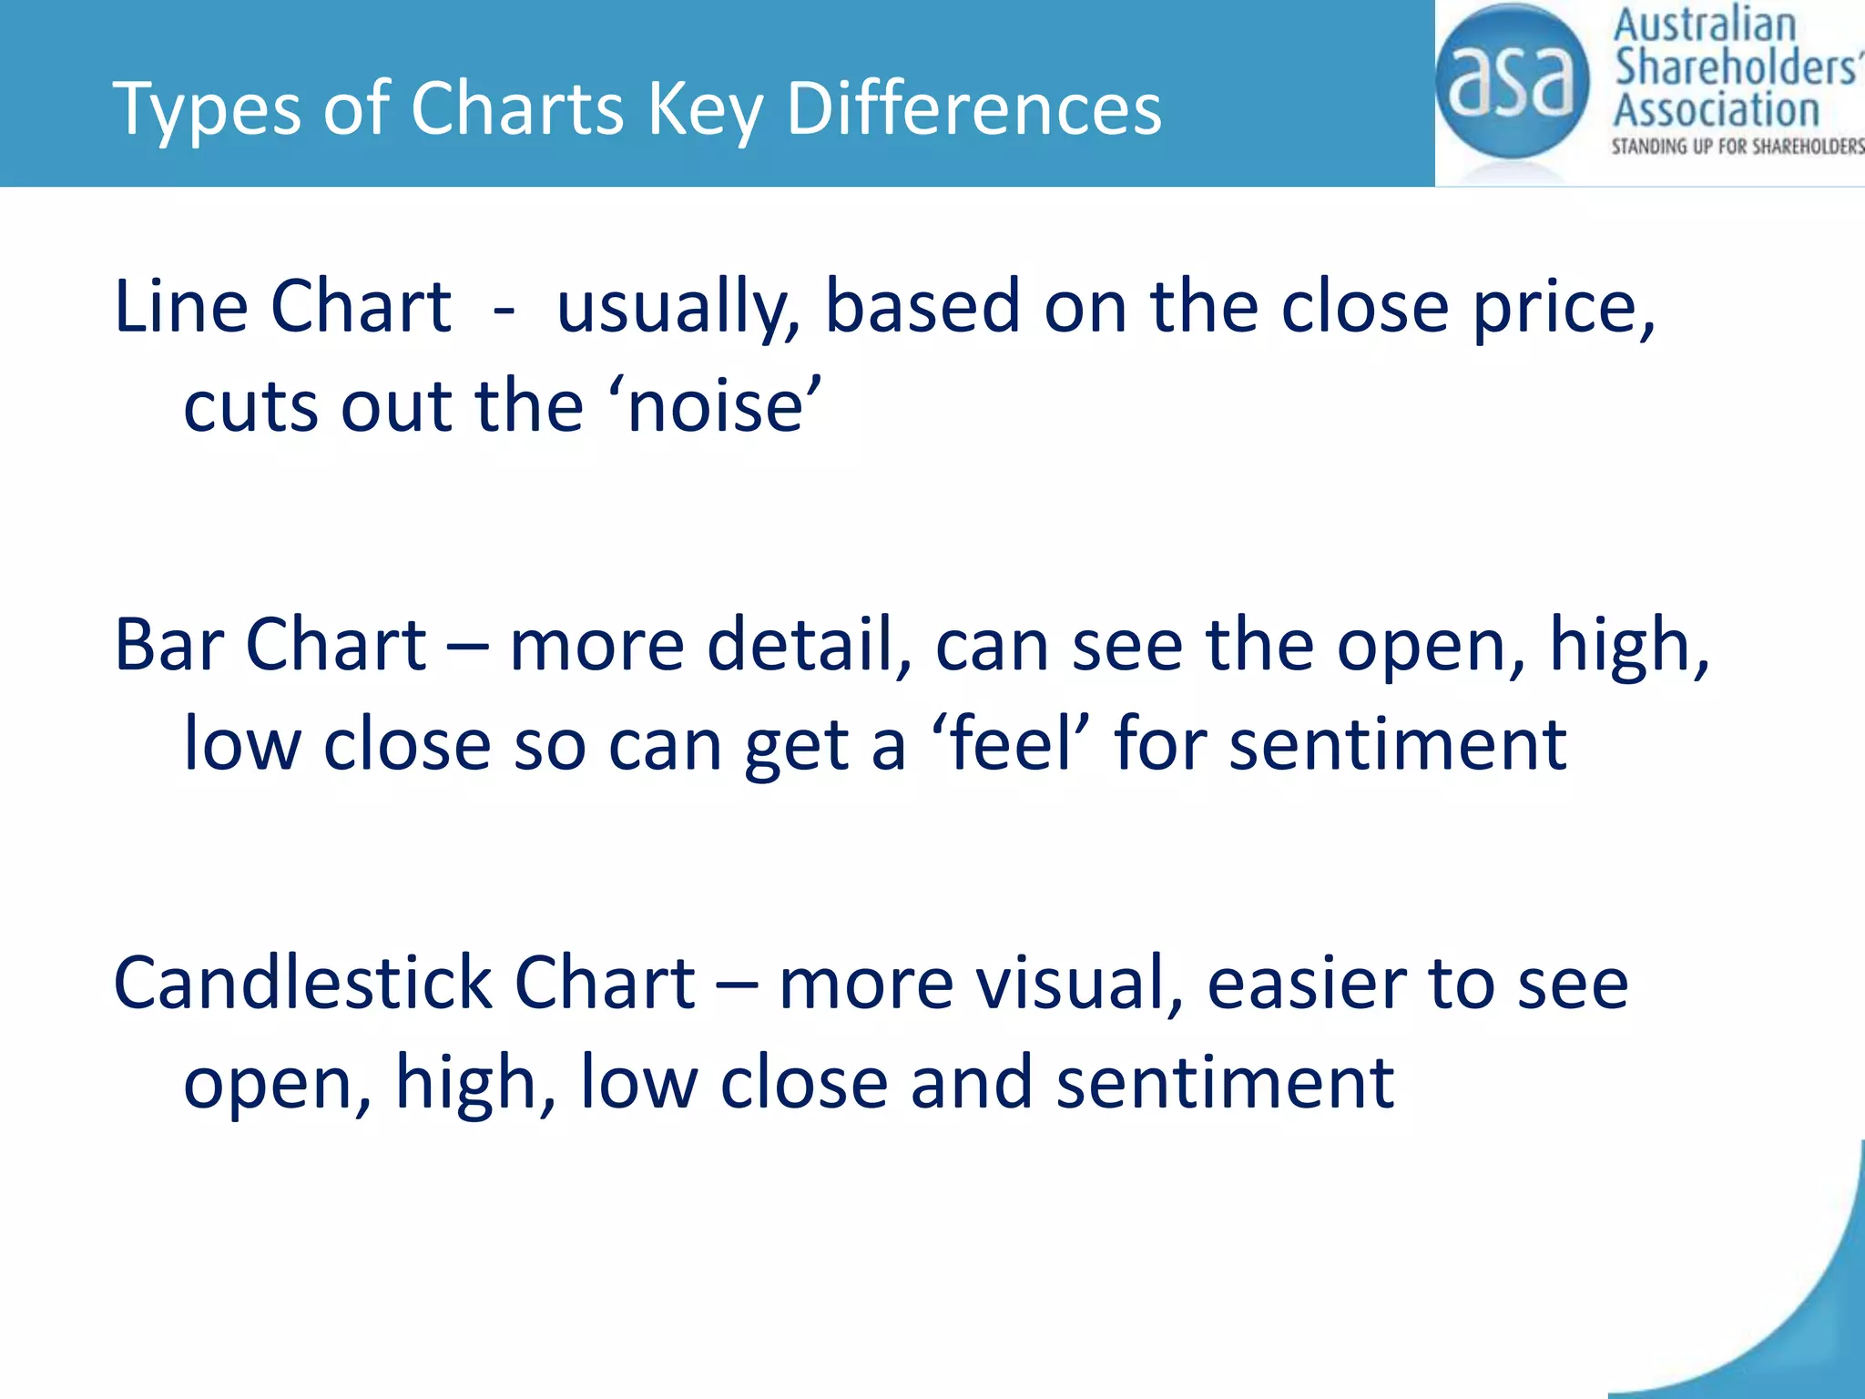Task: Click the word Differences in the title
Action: point(973,108)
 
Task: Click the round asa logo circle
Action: point(1512,82)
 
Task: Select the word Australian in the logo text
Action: point(1704,26)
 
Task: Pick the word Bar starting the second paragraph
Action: point(168,645)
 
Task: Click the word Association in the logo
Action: point(1717,110)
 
